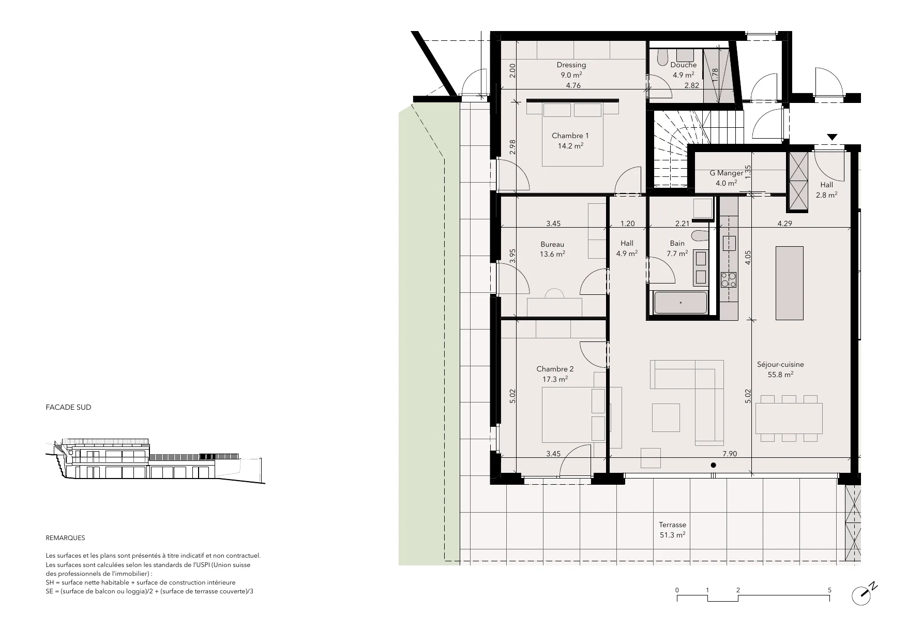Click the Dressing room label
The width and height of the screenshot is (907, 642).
point(571,65)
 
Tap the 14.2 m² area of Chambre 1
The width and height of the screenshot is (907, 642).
point(570,146)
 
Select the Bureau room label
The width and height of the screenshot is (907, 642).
point(552,244)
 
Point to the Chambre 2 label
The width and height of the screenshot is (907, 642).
point(555,369)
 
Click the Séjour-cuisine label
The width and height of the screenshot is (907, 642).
point(780,364)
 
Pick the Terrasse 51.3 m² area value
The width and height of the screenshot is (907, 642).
point(672,535)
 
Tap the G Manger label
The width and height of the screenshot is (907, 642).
point(726,173)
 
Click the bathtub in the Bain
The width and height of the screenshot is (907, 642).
point(681,303)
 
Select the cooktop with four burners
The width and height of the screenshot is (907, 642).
point(729,280)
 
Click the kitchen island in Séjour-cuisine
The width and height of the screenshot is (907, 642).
point(789,283)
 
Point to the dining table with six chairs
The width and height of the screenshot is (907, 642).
point(789,419)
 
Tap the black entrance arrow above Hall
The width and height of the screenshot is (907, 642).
point(832,137)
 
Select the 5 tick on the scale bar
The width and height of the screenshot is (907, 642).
point(829,590)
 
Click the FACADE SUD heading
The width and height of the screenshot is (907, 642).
point(68,407)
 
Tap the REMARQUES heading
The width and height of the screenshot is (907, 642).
point(65,538)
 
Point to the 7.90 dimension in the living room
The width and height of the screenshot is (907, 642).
point(730,454)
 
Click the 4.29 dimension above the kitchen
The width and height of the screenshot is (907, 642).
point(784,223)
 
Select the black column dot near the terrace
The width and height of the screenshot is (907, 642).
point(714,465)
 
